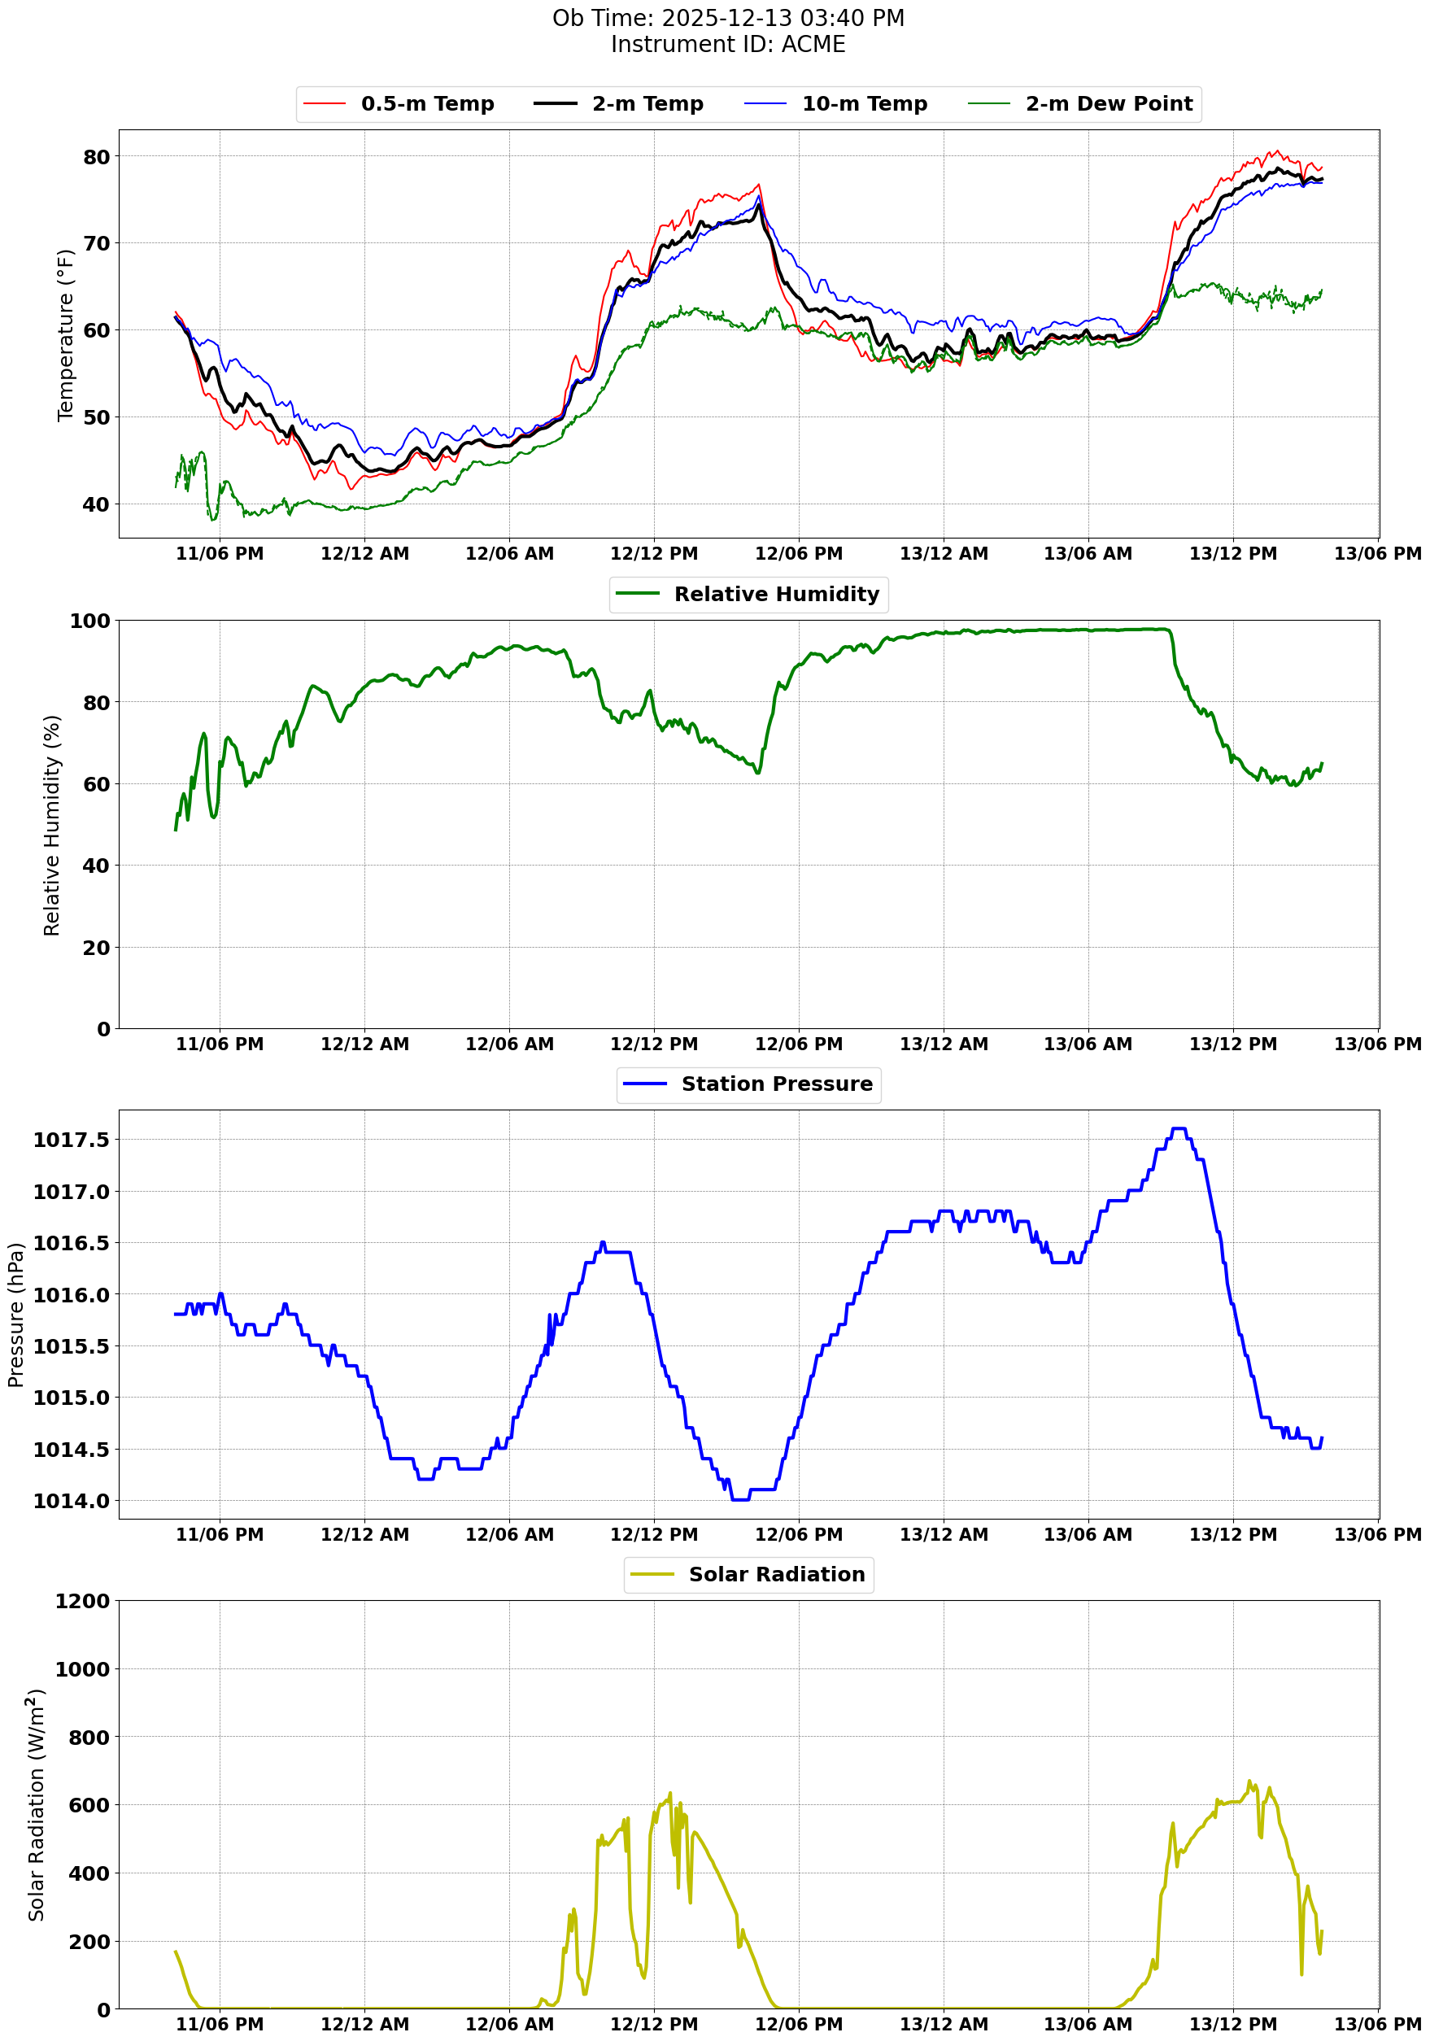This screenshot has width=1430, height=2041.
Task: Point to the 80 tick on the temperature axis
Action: click(96, 157)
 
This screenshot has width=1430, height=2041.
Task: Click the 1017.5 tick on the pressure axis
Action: click(71, 1140)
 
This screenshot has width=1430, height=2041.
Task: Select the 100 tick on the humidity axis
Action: click(89, 621)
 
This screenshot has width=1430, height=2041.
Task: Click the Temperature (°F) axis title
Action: click(65, 334)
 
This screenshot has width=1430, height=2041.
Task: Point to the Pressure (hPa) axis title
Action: click(15, 1315)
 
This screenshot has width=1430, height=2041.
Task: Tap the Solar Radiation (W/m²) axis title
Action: click(36, 1805)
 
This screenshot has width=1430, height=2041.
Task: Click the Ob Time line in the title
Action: click(728, 18)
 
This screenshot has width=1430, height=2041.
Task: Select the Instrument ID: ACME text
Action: click(728, 45)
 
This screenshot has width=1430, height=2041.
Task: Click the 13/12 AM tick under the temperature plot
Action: click(943, 554)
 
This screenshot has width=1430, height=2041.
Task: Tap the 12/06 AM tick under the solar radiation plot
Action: click(509, 2024)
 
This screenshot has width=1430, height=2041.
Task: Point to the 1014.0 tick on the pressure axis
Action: click(71, 1502)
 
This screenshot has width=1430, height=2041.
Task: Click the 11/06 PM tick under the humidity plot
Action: click(220, 1044)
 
